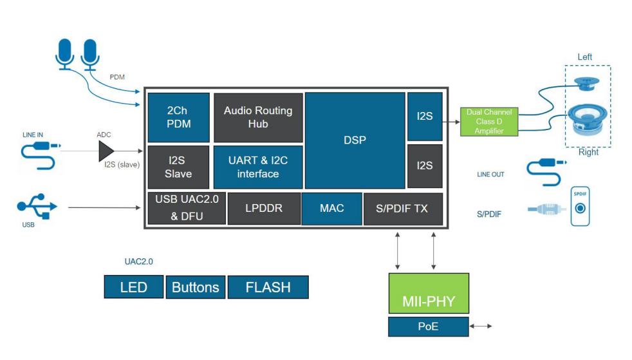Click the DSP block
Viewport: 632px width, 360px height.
pos(355,140)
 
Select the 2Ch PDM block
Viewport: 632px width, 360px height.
pos(178,117)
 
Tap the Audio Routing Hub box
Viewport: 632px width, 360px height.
pos(257,117)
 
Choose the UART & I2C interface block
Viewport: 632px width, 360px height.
pos(257,167)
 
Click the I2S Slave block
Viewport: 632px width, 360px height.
pos(178,167)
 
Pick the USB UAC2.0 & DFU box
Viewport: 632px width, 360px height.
pos(187,208)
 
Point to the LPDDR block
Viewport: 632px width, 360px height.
pos(264,209)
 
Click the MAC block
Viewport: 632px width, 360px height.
pos(331,209)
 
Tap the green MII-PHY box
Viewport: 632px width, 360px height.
pos(427,293)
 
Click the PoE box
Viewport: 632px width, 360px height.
pos(427,327)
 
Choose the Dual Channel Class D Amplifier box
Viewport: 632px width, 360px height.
pos(489,122)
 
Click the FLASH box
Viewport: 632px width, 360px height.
pos(268,287)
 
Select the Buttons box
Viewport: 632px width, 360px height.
pos(195,287)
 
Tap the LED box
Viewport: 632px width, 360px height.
pos(133,287)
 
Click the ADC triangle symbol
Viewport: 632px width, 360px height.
pos(105,151)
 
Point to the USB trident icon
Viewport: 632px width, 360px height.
pos(37,206)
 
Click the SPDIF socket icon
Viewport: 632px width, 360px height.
pos(580,207)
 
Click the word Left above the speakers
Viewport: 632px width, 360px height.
pos(584,57)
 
